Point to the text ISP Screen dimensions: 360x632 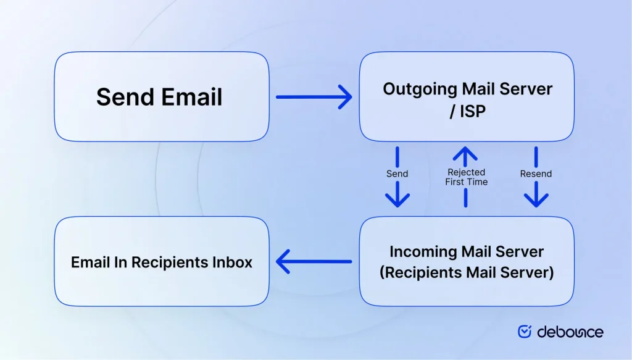click(x=472, y=112)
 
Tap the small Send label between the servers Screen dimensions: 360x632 click(x=397, y=174)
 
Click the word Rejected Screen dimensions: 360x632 click(x=466, y=172)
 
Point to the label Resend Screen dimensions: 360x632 click(x=536, y=174)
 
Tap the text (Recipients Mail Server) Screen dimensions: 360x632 click(x=467, y=272)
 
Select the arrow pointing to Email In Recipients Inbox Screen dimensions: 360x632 click(x=314, y=262)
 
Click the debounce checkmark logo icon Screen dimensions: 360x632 click(x=525, y=332)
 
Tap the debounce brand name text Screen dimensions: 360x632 click(x=570, y=332)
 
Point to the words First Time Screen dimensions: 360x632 click(x=466, y=182)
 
